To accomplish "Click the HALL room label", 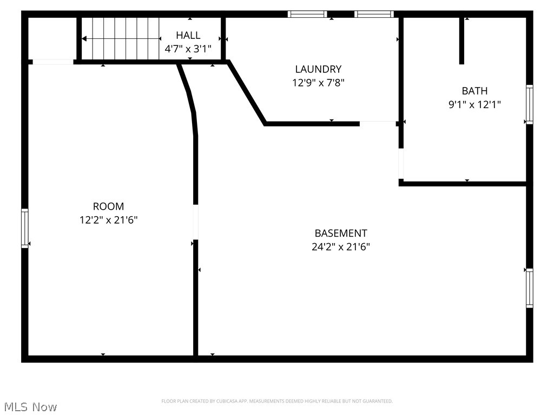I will point(188,35).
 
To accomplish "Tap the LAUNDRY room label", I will point(318,69).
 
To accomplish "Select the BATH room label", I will point(474,91).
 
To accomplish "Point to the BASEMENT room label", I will point(341,233).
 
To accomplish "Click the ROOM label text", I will point(108,206).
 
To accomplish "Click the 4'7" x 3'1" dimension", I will point(188,49).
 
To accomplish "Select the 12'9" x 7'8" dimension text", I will point(318,83).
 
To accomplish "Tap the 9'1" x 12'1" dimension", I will point(474,105).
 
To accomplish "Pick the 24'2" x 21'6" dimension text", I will point(341,247).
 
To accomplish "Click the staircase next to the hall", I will point(120,38).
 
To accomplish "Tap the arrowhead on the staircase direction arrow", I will point(84,39).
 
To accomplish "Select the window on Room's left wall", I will point(24,229).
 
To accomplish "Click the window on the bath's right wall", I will point(529,104).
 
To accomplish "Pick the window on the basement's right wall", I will point(529,288).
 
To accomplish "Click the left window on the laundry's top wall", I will point(307,14).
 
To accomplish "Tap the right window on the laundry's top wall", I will point(374,14).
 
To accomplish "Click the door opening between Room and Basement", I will point(195,222).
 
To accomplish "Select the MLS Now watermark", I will point(30,406).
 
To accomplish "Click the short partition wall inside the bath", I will point(461,41).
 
